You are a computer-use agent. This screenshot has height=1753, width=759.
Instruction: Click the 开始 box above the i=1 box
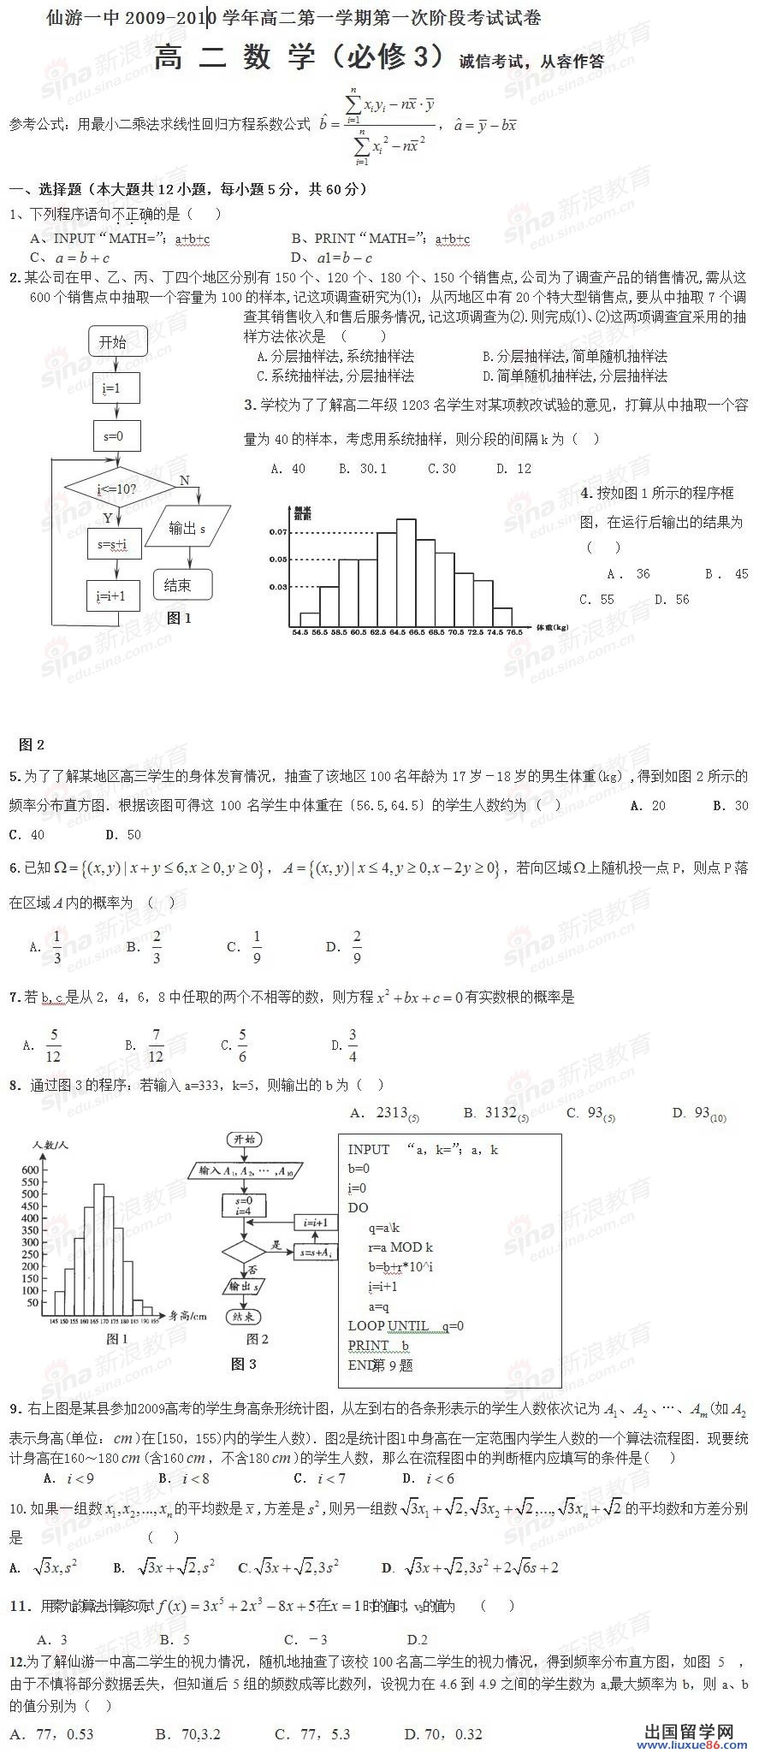click(113, 342)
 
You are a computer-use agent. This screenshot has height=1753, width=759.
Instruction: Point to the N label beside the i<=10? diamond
click(185, 481)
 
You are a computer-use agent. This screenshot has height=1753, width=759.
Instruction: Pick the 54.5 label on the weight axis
click(300, 632)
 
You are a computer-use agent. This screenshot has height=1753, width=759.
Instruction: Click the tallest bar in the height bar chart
click(99, 1245)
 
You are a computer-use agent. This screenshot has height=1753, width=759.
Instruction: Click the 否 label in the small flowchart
click(252, 1270)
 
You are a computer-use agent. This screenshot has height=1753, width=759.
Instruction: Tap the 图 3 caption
click(244, 1364)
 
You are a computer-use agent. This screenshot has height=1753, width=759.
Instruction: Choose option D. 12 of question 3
click(513, 469)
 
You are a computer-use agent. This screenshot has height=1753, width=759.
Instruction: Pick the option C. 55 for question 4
click(596, 600)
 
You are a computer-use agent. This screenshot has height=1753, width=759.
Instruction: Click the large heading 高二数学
click(299, 58)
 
